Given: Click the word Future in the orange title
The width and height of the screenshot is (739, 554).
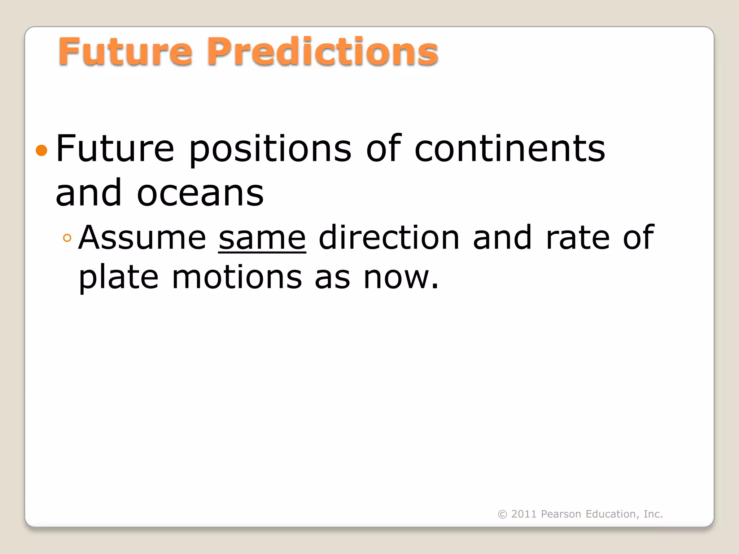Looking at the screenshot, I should (x=125, y=52).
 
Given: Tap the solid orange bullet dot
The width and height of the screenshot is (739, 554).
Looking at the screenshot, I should (x=42, y=150).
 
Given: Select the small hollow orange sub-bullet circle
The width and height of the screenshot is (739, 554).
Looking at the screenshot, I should (x=67, y=238).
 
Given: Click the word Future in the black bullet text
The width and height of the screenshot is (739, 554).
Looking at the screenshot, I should (x=115, y=149).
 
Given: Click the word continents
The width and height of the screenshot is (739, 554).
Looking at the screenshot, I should (x=510, y=149).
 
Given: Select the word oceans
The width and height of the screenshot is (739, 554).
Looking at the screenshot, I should (x=200, y=194).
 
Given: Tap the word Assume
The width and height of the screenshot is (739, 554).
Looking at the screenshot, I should (x=142, y=238).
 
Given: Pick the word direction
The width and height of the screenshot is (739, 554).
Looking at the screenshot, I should (x=389, y=238).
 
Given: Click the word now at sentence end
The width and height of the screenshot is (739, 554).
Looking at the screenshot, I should (x=397, y=278).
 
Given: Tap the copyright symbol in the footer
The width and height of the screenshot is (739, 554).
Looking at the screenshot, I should (x=502, y=514).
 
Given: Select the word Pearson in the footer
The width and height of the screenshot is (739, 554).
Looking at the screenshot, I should (x=561, y=514).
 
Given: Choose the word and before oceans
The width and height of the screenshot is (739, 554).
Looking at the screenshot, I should (x=88, y=193).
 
